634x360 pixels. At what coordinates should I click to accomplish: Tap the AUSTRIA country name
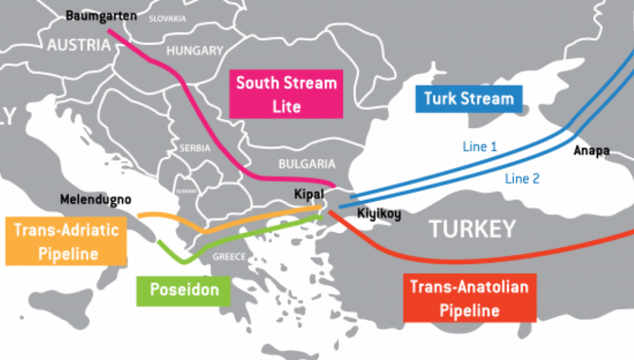tap(79, 45)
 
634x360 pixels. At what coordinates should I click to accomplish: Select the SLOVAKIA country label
tap(167, 19)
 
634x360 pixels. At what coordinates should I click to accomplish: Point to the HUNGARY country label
tap(194, 51)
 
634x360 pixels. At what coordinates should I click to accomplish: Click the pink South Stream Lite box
tap(286, 94)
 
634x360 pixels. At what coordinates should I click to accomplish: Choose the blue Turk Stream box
tap(469, 99)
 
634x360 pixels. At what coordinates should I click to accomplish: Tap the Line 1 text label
tap(479, 147)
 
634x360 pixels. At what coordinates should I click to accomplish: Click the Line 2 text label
tap(522, 178)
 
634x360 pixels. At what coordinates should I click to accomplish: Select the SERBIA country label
tap(196, 149)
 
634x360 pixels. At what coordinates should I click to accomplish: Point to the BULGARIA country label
tap(306, 164)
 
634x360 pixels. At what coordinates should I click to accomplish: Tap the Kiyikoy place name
tap(379, 215)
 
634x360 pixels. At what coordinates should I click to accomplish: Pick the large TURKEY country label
tap(472, 229)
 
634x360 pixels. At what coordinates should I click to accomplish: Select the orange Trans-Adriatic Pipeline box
tap(64, 242)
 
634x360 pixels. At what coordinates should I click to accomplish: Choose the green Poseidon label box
tap(183, 289)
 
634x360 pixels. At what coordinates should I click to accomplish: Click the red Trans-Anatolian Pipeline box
tap(469, 298)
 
